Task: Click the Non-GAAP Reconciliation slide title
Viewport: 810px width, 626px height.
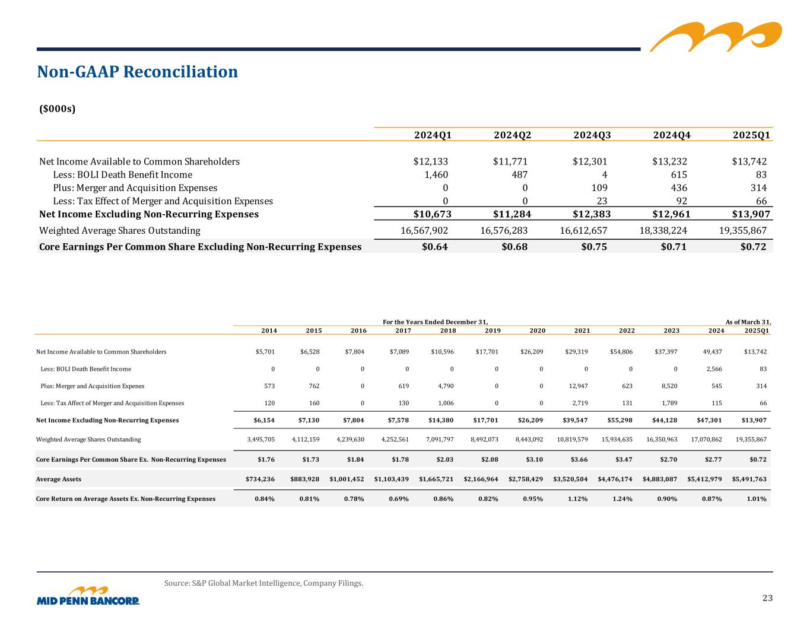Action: [x=137, y=72]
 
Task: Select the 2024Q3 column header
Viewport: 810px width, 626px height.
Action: [x=592, y=135]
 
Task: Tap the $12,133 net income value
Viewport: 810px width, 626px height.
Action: [x=430, y=161]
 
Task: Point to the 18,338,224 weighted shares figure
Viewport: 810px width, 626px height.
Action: [x=657, y=230]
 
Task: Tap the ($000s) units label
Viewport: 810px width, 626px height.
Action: [x=57, y=109]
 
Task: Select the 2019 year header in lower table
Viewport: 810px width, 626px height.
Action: [x=493, y=331]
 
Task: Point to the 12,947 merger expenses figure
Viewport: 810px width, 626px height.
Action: [x=576, y=386]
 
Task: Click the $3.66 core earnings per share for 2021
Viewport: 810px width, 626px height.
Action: [x=578, y=460]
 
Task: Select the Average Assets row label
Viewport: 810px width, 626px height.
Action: [x=59, y=479]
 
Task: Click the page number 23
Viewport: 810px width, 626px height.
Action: [x=767, y=598]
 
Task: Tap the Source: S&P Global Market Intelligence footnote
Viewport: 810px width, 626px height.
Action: [x=263, y=583]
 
